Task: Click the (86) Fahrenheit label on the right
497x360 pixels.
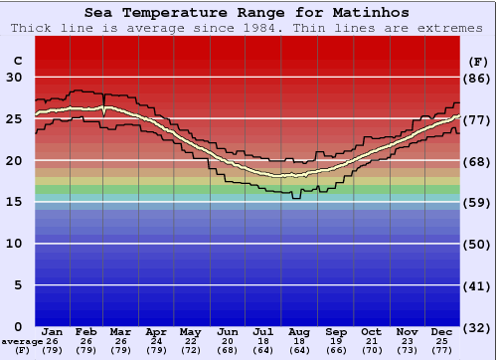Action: pyautogui.click(x=477, y=78)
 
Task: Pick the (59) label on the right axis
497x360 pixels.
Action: pyautogui.click(x=477, y=202)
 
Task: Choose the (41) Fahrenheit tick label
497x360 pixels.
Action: pyautogui.click(x=477, y=285)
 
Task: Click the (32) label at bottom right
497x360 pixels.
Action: pyautogui.click(x=477, y=326)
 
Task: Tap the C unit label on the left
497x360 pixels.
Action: pyautogui.click(x=17, y=61)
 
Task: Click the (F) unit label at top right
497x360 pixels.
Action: pyautogui.click(x=477, y=61)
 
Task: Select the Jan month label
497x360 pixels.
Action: pyautogui.click(x=53, y=331)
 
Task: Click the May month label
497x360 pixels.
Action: pyautogui.click(x=190, y=331)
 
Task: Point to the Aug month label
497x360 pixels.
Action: pyautogui.click(x=299, y=331)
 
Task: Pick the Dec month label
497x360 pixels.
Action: pyautogui.click(x=443, y=331)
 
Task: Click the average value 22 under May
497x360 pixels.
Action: pyautogui.click(x=190, y=342)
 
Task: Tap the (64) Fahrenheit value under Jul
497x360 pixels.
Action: pyautogui.click(x=263, y=350)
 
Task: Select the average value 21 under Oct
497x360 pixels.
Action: pyautogui.click(x=371, y=342)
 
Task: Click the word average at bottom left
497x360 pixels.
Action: pyautogui.click(x=22, y=342)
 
